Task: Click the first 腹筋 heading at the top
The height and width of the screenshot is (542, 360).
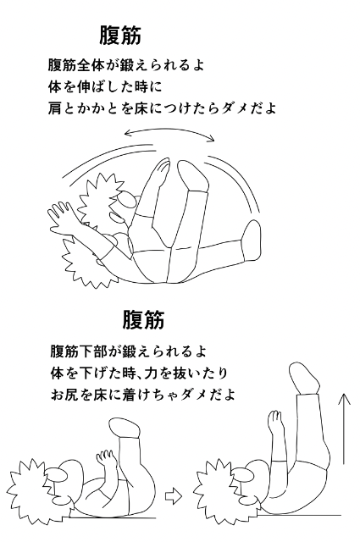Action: pos(120,36)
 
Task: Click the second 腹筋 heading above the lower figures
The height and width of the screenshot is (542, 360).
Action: pos(143,320)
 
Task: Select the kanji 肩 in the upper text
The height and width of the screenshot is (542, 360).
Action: pos(55,108)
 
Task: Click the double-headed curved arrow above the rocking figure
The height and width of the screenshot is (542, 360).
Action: pos(169,130)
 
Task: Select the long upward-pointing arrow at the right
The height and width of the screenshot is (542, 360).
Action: pos(344,428)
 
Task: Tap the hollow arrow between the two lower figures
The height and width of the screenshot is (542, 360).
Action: pos(174,497)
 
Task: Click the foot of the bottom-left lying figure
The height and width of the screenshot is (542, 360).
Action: pos(125,428)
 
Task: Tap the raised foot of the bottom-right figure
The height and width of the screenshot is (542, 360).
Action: pos(304,377)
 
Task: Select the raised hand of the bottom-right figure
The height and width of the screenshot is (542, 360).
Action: pos(276,421)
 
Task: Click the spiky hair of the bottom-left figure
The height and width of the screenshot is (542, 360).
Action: pos(28,491)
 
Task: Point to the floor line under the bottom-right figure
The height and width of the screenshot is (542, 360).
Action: pos(300,515)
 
